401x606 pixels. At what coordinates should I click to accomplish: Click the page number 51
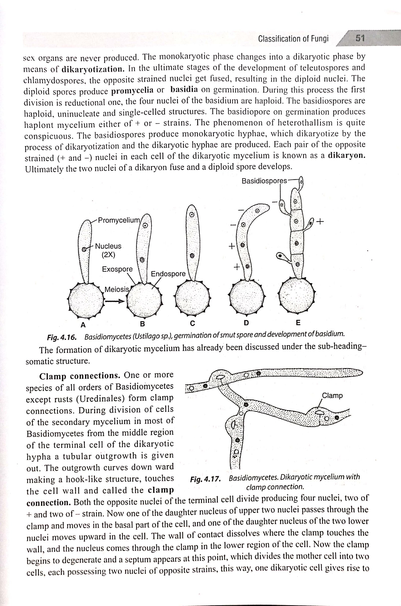coord(360,38)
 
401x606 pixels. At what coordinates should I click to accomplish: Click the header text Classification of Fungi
coord(293,39)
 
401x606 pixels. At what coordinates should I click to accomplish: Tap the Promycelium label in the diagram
coord(119,220)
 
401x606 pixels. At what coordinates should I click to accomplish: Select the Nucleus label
coord(108,246)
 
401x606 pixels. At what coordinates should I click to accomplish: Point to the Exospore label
coord(117,269)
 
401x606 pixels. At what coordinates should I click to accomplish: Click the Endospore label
coord(168,274)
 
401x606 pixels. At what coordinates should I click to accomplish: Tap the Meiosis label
coord(117,289)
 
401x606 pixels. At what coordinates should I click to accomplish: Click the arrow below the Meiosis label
coord(114,301)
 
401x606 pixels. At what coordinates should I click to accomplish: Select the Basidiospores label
coord(264,181)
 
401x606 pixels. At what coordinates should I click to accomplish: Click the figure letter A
coord(83,325)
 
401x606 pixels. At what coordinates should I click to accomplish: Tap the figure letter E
coord(298,323)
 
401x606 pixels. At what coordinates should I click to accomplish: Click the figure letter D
coord(246,323)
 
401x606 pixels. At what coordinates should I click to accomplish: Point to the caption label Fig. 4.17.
coord(205,479)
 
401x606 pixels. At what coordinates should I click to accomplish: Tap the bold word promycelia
coord(133,91)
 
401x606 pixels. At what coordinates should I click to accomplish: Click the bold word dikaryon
coord(347,156)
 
